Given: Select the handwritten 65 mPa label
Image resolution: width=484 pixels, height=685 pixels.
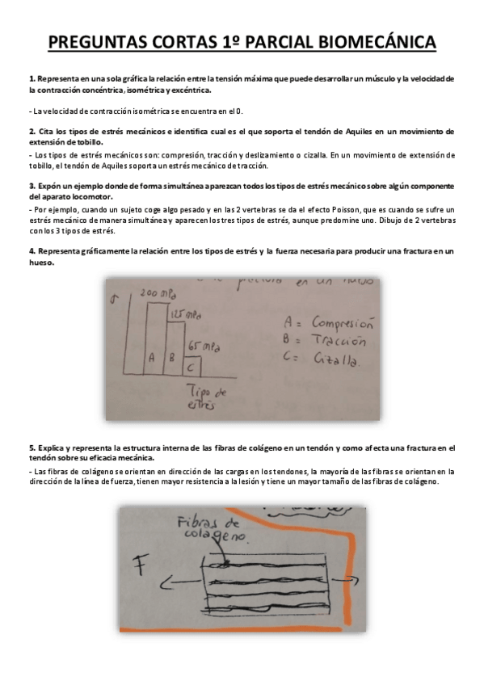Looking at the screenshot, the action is point(202,346).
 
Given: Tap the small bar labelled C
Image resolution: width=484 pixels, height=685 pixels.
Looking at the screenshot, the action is point(190,365).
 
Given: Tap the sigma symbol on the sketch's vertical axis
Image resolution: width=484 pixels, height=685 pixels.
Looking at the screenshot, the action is point(116,296).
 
